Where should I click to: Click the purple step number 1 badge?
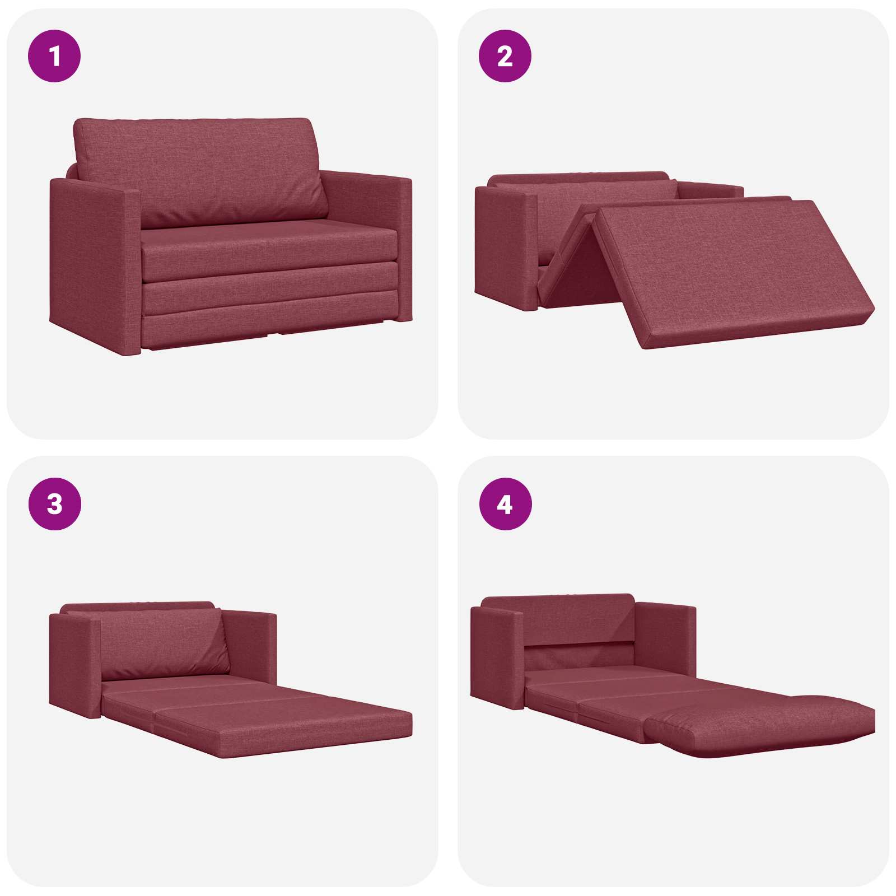(x=54, y=56)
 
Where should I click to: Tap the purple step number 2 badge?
(x=505, y=56)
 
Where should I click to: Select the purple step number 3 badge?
(x=54, y=504)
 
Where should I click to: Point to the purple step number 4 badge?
(x=505, y=504)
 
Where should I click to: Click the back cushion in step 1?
(x=200, y=171)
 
